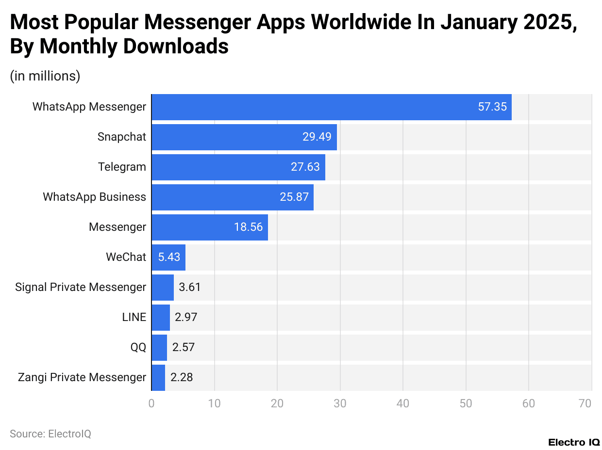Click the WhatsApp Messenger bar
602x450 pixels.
(332, 107)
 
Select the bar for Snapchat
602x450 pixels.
(244, 137)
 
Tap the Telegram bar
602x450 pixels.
(238, 167)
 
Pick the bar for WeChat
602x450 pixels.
(168, 257)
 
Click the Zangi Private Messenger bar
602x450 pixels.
(158, 377)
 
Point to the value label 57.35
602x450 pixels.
(492, 107)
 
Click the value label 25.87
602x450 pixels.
(294, 197)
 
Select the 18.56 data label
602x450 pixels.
(249, 227)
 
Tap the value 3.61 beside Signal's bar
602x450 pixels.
(190, 287)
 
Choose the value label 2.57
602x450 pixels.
(184, 347)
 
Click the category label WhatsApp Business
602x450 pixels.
(94, 197)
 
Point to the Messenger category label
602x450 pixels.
(117, 227)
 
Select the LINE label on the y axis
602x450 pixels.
(134, 317)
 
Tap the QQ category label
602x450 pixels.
(138, 347)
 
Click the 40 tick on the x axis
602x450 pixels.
(403, 403)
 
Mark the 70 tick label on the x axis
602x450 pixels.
(585, 403)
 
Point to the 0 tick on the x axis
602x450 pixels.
(151, 403)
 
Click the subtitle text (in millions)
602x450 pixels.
(45, 76)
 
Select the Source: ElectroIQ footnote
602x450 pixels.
(50, 434)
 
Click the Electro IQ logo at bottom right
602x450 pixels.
(574, 442)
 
